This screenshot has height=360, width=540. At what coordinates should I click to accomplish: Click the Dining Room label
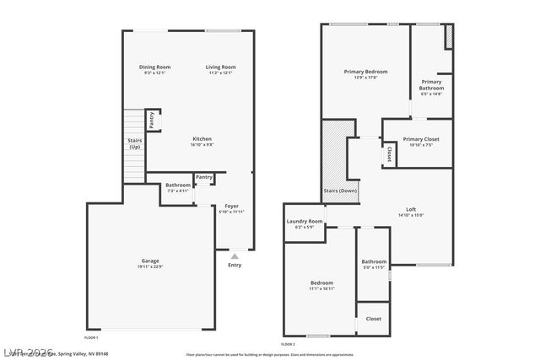155,67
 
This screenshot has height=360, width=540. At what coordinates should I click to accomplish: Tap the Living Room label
221,67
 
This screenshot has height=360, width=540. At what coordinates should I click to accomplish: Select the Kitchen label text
202,139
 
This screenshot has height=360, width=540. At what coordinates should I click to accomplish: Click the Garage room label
150,261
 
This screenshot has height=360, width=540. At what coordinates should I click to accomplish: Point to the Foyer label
231,207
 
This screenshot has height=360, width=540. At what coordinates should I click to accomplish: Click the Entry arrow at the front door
235,255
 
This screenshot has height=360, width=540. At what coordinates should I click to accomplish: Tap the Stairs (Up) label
134,143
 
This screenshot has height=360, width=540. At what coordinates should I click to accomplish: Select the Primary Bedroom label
365,73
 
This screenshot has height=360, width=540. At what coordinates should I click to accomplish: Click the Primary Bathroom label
431,85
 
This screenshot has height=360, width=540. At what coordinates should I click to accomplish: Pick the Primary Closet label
420,139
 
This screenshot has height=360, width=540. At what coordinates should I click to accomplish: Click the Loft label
411,209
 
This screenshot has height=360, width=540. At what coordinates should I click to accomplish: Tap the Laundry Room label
304,222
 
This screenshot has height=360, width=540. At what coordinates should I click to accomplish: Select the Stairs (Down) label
340,191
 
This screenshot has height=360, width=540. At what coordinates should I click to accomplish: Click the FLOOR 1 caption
91,336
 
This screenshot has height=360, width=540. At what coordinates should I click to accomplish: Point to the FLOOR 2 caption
288,344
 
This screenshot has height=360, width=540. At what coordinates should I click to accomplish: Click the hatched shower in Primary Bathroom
449,36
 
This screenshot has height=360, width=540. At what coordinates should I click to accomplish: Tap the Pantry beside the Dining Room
152,121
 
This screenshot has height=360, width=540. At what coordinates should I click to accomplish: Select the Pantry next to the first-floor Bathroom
204,177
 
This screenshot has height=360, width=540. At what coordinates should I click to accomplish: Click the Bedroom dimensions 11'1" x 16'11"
321,289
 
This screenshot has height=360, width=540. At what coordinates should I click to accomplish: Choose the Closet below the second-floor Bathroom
373,319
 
